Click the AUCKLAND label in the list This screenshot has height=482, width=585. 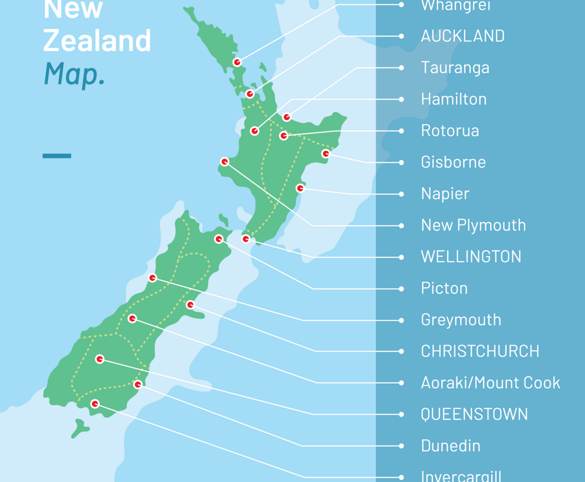(x=462, y=36)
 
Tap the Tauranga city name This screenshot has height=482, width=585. (x=455, y=67)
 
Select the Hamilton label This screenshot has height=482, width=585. (x=453, y=99)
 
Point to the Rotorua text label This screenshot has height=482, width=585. (x=450, y=131)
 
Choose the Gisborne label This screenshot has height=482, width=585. (x=453, y=162)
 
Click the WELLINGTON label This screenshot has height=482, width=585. (x=471, y=256)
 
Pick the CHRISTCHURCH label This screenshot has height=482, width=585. (x=480, y=351)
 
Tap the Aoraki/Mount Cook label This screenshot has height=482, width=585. (x=490, y=383)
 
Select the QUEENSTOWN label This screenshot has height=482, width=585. (x=474, y=414)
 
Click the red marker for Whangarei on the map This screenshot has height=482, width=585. (x=237, y=62)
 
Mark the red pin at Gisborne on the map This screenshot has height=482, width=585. (x=325, y=153)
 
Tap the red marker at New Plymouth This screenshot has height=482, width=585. (x=225, y=162)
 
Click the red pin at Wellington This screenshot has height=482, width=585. (x=246, y=239)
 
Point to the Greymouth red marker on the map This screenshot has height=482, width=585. (x=152, y=278)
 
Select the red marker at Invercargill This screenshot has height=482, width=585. (x=95, y=404)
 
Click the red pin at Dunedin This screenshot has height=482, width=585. (x=137, y=385)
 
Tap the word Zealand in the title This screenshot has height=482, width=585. (x=97, y=41)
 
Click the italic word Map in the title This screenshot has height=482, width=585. (x=74, y=73)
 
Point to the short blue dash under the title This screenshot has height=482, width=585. (x=57, y=156)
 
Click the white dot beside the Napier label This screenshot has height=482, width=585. (x=401, y=194)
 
